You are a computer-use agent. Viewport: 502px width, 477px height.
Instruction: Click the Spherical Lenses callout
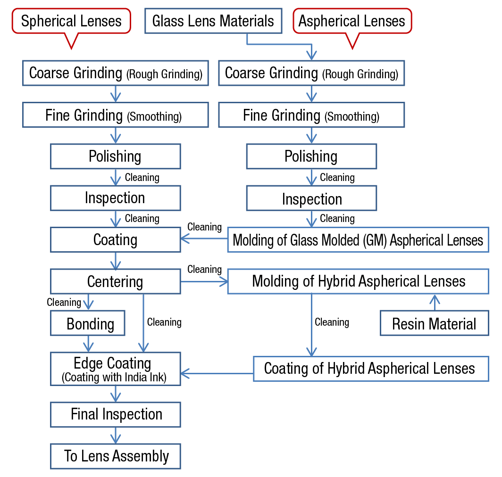71,21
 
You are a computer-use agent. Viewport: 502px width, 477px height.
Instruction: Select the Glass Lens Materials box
213,21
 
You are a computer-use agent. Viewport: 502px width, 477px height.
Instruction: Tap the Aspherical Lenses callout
352,21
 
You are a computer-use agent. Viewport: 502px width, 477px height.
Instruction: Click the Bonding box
88,323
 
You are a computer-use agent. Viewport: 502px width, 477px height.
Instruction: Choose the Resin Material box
434,324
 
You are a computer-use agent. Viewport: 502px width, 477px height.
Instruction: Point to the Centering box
115,281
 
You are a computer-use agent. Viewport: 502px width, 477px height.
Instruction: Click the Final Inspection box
115,414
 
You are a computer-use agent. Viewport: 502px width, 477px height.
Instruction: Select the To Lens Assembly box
115,456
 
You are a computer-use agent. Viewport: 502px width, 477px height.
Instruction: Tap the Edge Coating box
115,369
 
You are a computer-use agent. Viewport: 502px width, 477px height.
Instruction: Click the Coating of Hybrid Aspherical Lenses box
370,369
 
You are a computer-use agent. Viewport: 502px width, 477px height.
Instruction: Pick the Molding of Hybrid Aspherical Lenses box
358,281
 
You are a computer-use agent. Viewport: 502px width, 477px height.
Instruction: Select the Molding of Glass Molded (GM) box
358,240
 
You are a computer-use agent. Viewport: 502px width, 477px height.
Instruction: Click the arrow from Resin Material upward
435,302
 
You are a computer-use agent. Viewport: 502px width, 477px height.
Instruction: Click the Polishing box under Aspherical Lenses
311,156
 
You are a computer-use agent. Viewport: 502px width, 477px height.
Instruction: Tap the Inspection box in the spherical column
115,198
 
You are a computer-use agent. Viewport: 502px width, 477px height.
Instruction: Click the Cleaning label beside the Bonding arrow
64,302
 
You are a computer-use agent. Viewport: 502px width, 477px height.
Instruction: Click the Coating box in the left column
115,240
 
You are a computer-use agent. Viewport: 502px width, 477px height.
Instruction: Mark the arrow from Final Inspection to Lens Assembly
115,435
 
